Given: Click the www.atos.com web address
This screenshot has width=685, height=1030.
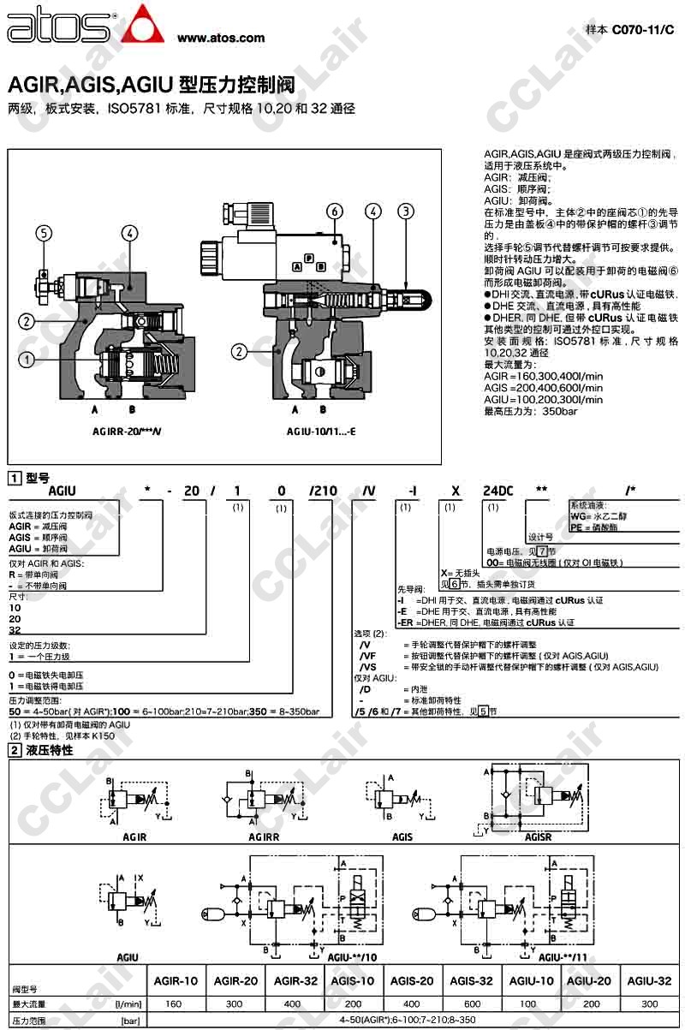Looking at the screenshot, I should pyautogui.click(x=221, y=39).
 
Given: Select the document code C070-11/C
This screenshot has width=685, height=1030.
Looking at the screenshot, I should pyautogui.click(x=642, y=28).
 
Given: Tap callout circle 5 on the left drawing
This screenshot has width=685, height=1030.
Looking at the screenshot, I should pyautogui.click(x=45, y=232).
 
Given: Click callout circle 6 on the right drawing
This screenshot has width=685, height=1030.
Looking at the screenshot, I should pyautogui.click(x=335, y=211).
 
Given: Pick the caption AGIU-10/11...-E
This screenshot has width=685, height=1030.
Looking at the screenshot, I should pyautogui.click(x=321, y=432).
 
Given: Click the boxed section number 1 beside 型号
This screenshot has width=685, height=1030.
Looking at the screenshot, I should pyautogui.click(x=15, y=478).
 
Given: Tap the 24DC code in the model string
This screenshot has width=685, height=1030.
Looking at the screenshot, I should pyautogui.click(x=497, y=491).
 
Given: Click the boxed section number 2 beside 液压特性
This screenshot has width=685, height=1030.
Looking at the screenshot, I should pyautogui.click(x=15, y=750).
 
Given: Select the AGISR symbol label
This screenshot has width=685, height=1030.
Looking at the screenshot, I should pyautogui.click(x=538, y=837).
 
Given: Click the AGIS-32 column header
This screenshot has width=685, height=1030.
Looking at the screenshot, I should pyautogui.click(x=472, y=981).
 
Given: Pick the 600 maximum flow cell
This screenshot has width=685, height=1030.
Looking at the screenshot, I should pyautogui.click(x=472, y=1003).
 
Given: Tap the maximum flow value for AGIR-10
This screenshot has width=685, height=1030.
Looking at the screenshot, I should pyautogui.click(x=174, y=1003).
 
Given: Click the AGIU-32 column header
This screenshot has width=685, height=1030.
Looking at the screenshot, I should pyautogui.click(x=649, y=981).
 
